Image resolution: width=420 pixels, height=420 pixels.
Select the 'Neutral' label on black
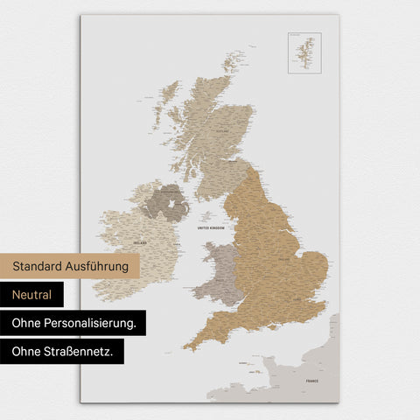pyautogui.click(x=32, y=295)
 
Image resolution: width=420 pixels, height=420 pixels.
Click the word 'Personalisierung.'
pyautogui.click(x=92, y=323)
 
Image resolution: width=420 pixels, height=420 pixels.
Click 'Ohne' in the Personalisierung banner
pyautogui.click(x=27, y=323)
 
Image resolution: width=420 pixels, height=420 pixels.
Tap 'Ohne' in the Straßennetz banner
pyautogui.click(x=27, y=352)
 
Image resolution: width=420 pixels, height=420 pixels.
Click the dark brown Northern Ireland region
pyautogui.click(x=163, y=202)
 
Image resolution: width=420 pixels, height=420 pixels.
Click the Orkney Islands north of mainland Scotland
pyautogui.click(x=233, y=63)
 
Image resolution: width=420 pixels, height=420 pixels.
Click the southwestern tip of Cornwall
pyautogui.click(x=186, y=347)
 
